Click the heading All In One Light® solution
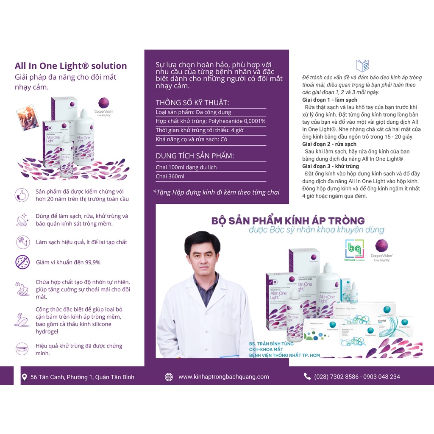(71, 66)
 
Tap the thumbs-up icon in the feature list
(22, 195)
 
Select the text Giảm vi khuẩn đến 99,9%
(68, 262)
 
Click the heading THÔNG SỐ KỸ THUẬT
(192, 103)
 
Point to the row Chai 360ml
(170, 176)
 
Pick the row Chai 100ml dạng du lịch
(186, 167)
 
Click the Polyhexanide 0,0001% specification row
(211, 121)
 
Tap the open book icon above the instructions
(362, 66)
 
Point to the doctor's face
(202, 257)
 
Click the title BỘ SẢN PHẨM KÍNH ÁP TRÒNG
(288, 220)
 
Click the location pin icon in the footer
(24, 377)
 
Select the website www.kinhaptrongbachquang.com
(223, 377)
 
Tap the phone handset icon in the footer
(307, 376)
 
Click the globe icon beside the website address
(169, 377)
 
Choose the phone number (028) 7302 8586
(337, 377)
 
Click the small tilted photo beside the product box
(28, 117)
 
